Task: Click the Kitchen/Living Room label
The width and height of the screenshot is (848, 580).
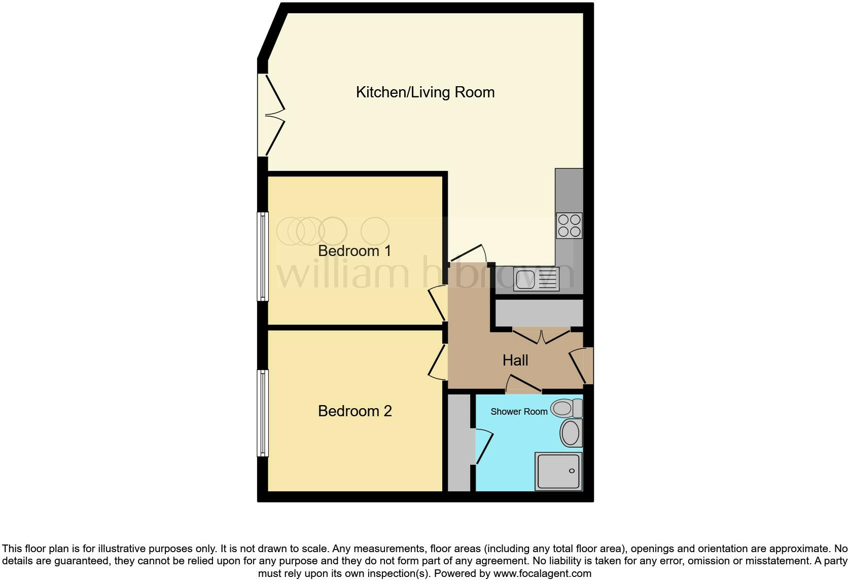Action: point(425,92)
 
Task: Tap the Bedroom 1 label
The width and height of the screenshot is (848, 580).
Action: point(355,251)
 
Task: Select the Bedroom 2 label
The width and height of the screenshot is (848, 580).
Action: point(355,411)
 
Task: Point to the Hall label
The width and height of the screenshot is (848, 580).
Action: point(515,360)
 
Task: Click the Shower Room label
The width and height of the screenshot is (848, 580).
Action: point(519,412)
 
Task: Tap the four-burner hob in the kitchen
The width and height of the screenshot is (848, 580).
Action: point(569,226)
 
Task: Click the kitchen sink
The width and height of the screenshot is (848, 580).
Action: point(536,279)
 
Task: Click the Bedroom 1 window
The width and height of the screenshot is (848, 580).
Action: point(263,256)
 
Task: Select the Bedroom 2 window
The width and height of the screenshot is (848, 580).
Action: point(263,413)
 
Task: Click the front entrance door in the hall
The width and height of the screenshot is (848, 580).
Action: point(582,366)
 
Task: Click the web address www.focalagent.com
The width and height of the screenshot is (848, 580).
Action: point(542,574)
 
